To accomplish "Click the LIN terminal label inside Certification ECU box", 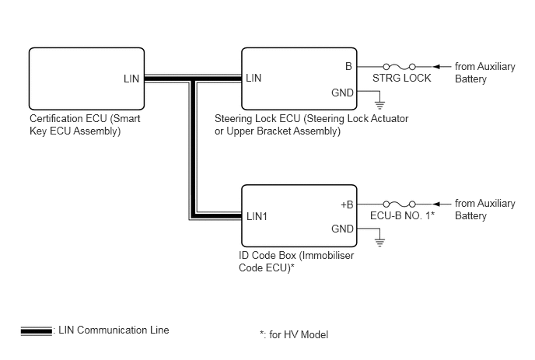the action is pos(131,79).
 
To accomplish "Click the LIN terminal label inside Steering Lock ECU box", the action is pos(254,78).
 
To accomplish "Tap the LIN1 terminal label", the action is pos(257,216).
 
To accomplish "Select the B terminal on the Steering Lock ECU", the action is pos(348,66).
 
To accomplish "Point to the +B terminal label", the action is pos(347,204).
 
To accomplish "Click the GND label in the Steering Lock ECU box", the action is pos(342,93).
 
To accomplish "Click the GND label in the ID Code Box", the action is pos(342,229).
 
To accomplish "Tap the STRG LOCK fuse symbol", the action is pos(399,66).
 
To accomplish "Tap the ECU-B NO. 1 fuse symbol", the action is pos(399,204).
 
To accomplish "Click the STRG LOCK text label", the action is pos(401,78).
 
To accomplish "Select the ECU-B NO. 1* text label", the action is pos(402,215).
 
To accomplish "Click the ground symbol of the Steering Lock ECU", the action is pos(379,105).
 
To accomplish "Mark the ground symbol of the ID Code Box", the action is pos(379,243).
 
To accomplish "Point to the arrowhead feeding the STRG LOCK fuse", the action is pos(435,67).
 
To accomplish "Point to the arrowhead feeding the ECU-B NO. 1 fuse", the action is pos(435,204).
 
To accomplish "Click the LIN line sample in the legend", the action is pos(37,331).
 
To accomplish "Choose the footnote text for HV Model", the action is pos(294,335).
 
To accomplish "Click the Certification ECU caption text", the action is pos(85,125).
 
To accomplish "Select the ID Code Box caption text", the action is pos(296,262).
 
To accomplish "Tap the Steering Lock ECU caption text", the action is pos(312,125).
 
